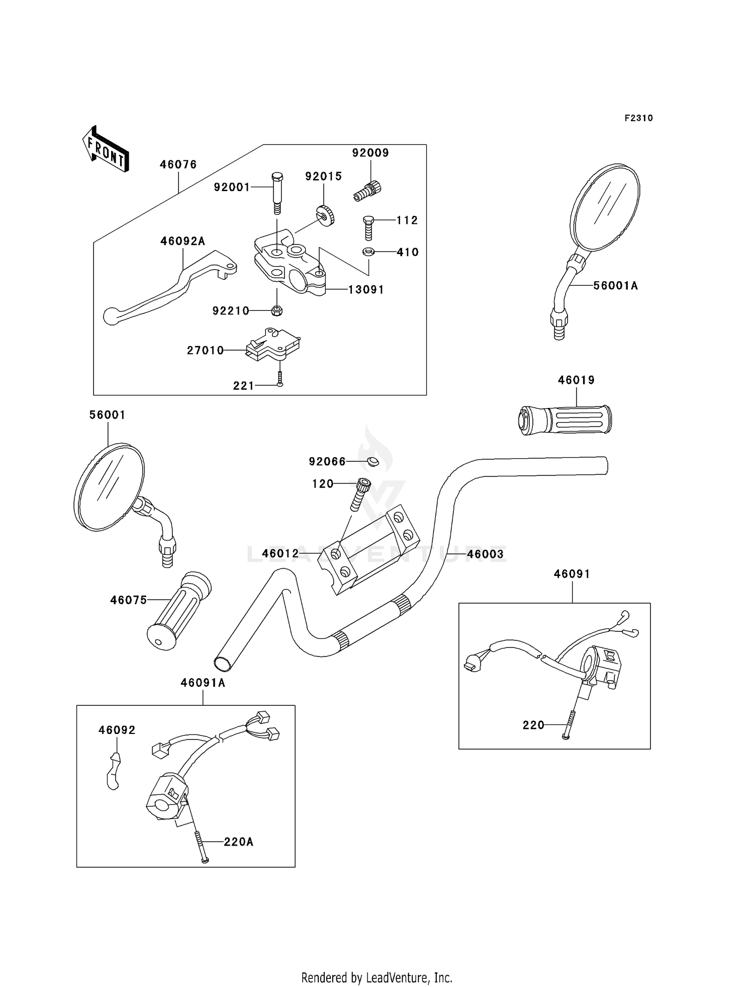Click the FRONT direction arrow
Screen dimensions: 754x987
click(106, 149)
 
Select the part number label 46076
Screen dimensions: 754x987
click(178, 164)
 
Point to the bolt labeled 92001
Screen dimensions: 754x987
click(277, 193)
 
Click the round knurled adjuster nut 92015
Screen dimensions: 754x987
click(326, 215)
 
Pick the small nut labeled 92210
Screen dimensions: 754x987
click(276, 310)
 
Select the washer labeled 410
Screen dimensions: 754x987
click(368, 252)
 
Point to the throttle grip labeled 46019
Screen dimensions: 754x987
click(564, 420)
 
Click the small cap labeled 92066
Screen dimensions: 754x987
click(372, 461)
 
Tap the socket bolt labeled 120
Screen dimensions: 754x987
click(360, 494)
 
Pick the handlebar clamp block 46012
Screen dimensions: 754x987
click(368, 549)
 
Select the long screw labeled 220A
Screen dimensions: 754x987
click(201, 847)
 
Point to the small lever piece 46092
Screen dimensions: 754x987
click(114, 771)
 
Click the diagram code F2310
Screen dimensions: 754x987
click(639, 118)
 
